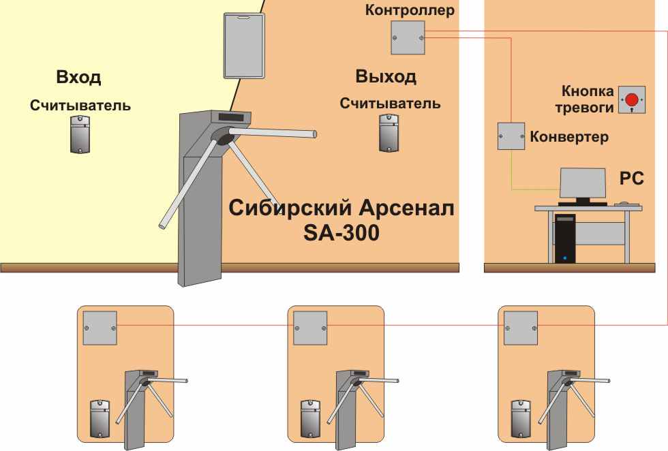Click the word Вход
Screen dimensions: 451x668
tap(79, 77)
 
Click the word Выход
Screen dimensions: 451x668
tap(386, 76)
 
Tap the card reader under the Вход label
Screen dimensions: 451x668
tap(80, 134)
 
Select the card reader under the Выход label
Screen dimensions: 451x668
tap(389, 133)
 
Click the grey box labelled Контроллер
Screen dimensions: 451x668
tap(408, 37)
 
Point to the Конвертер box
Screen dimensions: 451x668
tap(511, 136)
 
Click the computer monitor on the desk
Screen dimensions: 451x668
tap(582, 183)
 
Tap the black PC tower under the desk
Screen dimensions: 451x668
tap(564, 238)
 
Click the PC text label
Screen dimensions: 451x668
tap(631, 178)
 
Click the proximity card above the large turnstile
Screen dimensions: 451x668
tap(243, 45)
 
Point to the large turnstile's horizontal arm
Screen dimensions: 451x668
tap(279, 134)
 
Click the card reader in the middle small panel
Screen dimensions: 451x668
tap(311, 418)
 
